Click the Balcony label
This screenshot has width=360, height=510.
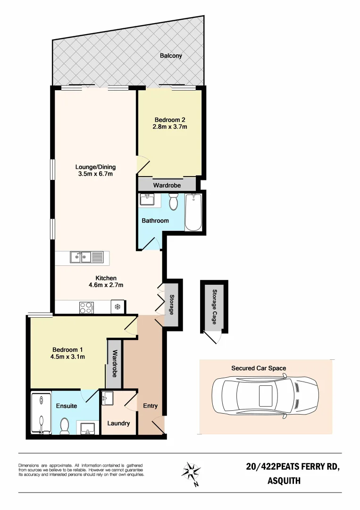pyautogui.click(x=170, y=56)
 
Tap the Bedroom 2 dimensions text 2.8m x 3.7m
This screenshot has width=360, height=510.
pyautogui.click(x=170, y=127)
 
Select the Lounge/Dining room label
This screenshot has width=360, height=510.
pyautogui.click(x=96, y=167)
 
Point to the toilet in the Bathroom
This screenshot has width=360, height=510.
pyautogui.click(x=173, y=203)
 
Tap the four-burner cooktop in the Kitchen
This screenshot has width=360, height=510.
pyautogui.click(x=86, y=308)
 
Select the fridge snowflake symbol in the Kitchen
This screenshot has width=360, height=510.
pyautogui.click(x=117, y=307)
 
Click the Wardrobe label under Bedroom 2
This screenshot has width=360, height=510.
pyautogui.click(x=167, y=185)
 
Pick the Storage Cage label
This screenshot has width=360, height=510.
pyautogui.click(x=214, y=306)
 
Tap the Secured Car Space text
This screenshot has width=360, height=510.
pyautogui.click(x=259, y=368)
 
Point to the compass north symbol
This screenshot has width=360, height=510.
pyautogui.click(x=192, y=472)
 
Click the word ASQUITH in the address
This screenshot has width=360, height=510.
pyautogui.click(x=284, y=482)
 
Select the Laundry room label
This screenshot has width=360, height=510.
pyautogui.click(x=118, y=423)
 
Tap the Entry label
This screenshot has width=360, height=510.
pyautogui.click(x=150, y=406)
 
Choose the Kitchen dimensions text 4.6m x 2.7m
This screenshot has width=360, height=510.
pyautogui.click(x=106, y=285)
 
